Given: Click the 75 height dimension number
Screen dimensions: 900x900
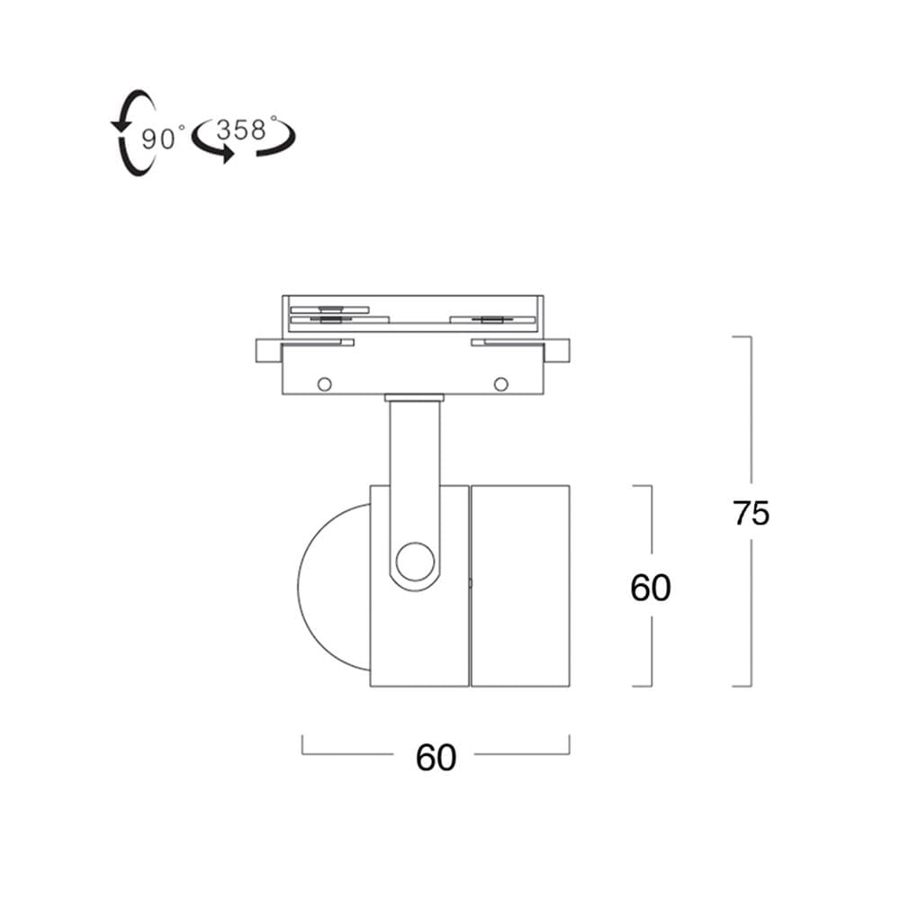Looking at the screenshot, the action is click(x=751, y=513).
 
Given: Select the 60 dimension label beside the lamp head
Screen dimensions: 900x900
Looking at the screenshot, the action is click(x=651, y=588).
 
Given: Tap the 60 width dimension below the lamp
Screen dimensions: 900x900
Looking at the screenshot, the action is click(x=436, y=758).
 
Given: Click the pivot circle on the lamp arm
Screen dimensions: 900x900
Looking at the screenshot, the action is click(x=415, y=562).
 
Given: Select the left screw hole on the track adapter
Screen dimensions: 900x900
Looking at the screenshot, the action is click(x=324, y=384).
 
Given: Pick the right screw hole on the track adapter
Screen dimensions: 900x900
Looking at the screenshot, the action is click(x=501, y=384).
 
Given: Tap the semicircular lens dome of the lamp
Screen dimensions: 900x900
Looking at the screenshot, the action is click(x=299, y=587).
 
